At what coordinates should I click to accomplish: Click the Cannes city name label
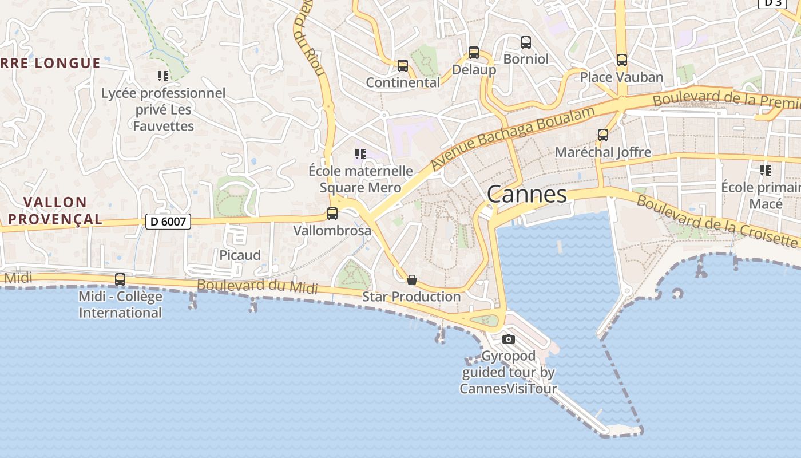(x=526, y=195)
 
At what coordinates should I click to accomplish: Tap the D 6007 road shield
(x=168, y=221)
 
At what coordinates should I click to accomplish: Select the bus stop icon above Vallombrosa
(x=332, y=214)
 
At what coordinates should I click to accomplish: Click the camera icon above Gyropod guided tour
(x=508, y=339)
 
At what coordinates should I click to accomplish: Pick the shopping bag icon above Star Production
(x=411, y=280)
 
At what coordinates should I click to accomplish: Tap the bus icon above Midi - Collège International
(x=120, y=279)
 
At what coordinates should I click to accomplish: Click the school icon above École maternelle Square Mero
(x=360, y=153)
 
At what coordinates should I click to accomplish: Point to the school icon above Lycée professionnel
(x=163, y=76)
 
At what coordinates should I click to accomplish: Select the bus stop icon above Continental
(x=403, y=66)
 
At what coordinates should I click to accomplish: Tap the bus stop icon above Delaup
(x=474, y=53)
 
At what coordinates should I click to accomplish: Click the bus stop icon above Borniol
(x=526, y=42)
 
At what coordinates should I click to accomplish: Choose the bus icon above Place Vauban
(x=622, y=60)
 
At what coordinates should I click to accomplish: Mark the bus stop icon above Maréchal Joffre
(x=603, y=135)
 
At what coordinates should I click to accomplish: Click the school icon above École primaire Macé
(x=766, y=170)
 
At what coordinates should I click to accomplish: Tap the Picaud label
(x=240, y=255)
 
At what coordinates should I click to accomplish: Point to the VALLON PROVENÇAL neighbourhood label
(x=55, y=210)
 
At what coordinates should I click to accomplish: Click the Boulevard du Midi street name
(x=257, y=286)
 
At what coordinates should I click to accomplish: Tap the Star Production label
(x=411, y=297)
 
